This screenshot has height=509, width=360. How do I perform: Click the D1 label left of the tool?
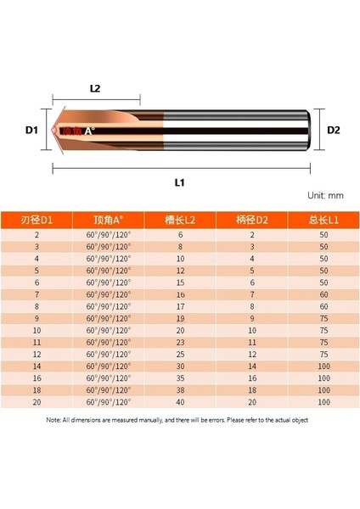click(x=31, y=131)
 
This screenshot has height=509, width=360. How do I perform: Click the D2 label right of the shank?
click(x=333, y=131)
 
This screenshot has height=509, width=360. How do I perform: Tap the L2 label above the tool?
click(x=96, y=88)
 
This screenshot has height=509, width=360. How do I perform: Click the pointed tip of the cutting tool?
click(x=57, y=131)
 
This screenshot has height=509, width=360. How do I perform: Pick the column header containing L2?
click(x=180, y=219)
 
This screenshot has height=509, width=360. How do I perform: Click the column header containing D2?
click(x=251, y=219)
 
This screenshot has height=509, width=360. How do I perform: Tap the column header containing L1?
click(x=323, y=219)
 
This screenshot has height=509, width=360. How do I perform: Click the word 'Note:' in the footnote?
click(x=55, y=419)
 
